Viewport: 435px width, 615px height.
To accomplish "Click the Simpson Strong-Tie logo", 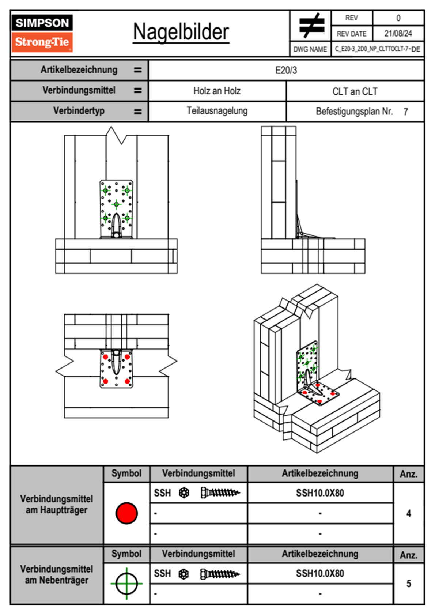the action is tap(42, 33).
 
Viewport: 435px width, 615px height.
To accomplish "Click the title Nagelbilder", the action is tap(181, 32).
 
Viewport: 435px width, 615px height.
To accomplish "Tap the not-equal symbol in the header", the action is tap(311, 25).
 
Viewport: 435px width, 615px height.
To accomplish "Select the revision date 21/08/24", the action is tap(398, 34).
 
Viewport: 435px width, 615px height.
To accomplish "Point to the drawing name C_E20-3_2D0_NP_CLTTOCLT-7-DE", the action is tap(377, 49).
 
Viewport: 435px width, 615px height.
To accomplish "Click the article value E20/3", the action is tap(286, 70).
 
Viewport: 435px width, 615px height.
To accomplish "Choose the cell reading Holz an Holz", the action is tap(217, 91).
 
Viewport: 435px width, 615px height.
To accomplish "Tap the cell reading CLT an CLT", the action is tap(355, 91).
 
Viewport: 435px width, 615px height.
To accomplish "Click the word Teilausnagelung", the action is tap(217, 111).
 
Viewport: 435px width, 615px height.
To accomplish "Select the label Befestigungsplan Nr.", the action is tap(354, 112).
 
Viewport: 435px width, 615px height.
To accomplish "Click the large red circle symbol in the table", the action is tap(126, 513).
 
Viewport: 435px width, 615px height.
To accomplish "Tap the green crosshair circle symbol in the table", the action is tap(126, 584).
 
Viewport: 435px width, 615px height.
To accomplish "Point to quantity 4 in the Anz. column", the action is tap(409, 513).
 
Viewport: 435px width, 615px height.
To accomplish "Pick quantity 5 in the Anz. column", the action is tap(409, 584).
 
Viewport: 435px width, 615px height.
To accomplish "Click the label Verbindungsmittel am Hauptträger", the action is tap(57, 504).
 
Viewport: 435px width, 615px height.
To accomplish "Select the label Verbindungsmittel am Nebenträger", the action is tap(57, 575).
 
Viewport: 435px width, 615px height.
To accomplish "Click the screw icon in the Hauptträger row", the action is tap(220, 493).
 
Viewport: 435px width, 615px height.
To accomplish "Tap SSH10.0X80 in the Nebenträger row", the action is tap(320, 574).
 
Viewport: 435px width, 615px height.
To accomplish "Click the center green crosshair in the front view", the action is tap(116, 204).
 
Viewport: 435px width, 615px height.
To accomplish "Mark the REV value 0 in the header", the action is tap(398, 18).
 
